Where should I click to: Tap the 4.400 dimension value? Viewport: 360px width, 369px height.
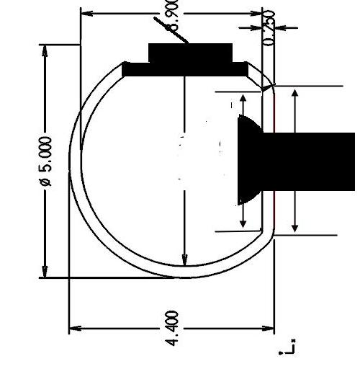pyautogui.click(x=173, y=328)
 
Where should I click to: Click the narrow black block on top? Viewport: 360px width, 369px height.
pyautogui.click(x=190, y=53)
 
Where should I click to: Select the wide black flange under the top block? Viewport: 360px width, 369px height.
pyautogui.click(x=185, y=70)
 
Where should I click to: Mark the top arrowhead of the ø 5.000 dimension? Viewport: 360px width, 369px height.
pyautogui.click(x=46, y=51)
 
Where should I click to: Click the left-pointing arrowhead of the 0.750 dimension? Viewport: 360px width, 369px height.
pyautogui.click(x=281, y=27)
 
